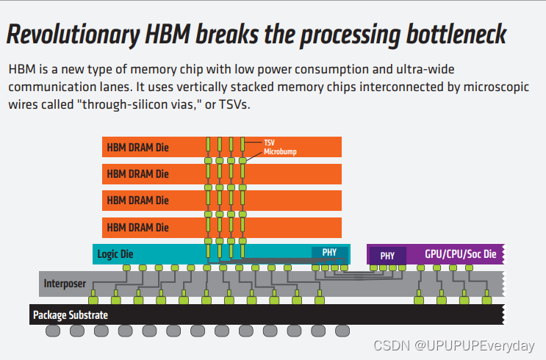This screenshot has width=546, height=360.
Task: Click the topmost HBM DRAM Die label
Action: coord(138,148)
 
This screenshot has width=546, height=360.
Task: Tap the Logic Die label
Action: coord(115,254)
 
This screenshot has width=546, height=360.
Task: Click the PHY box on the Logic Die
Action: coord(329,253)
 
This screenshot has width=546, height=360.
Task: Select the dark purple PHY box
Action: coord(387,256)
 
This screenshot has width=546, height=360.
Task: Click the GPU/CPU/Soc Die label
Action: coord(461,254)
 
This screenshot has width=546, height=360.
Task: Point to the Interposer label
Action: coord(65,283)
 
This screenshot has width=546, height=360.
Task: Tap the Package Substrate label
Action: coord(71,315)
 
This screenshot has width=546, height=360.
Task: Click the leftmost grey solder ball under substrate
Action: coord(54,331)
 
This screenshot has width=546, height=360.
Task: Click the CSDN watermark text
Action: coord(453,345)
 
